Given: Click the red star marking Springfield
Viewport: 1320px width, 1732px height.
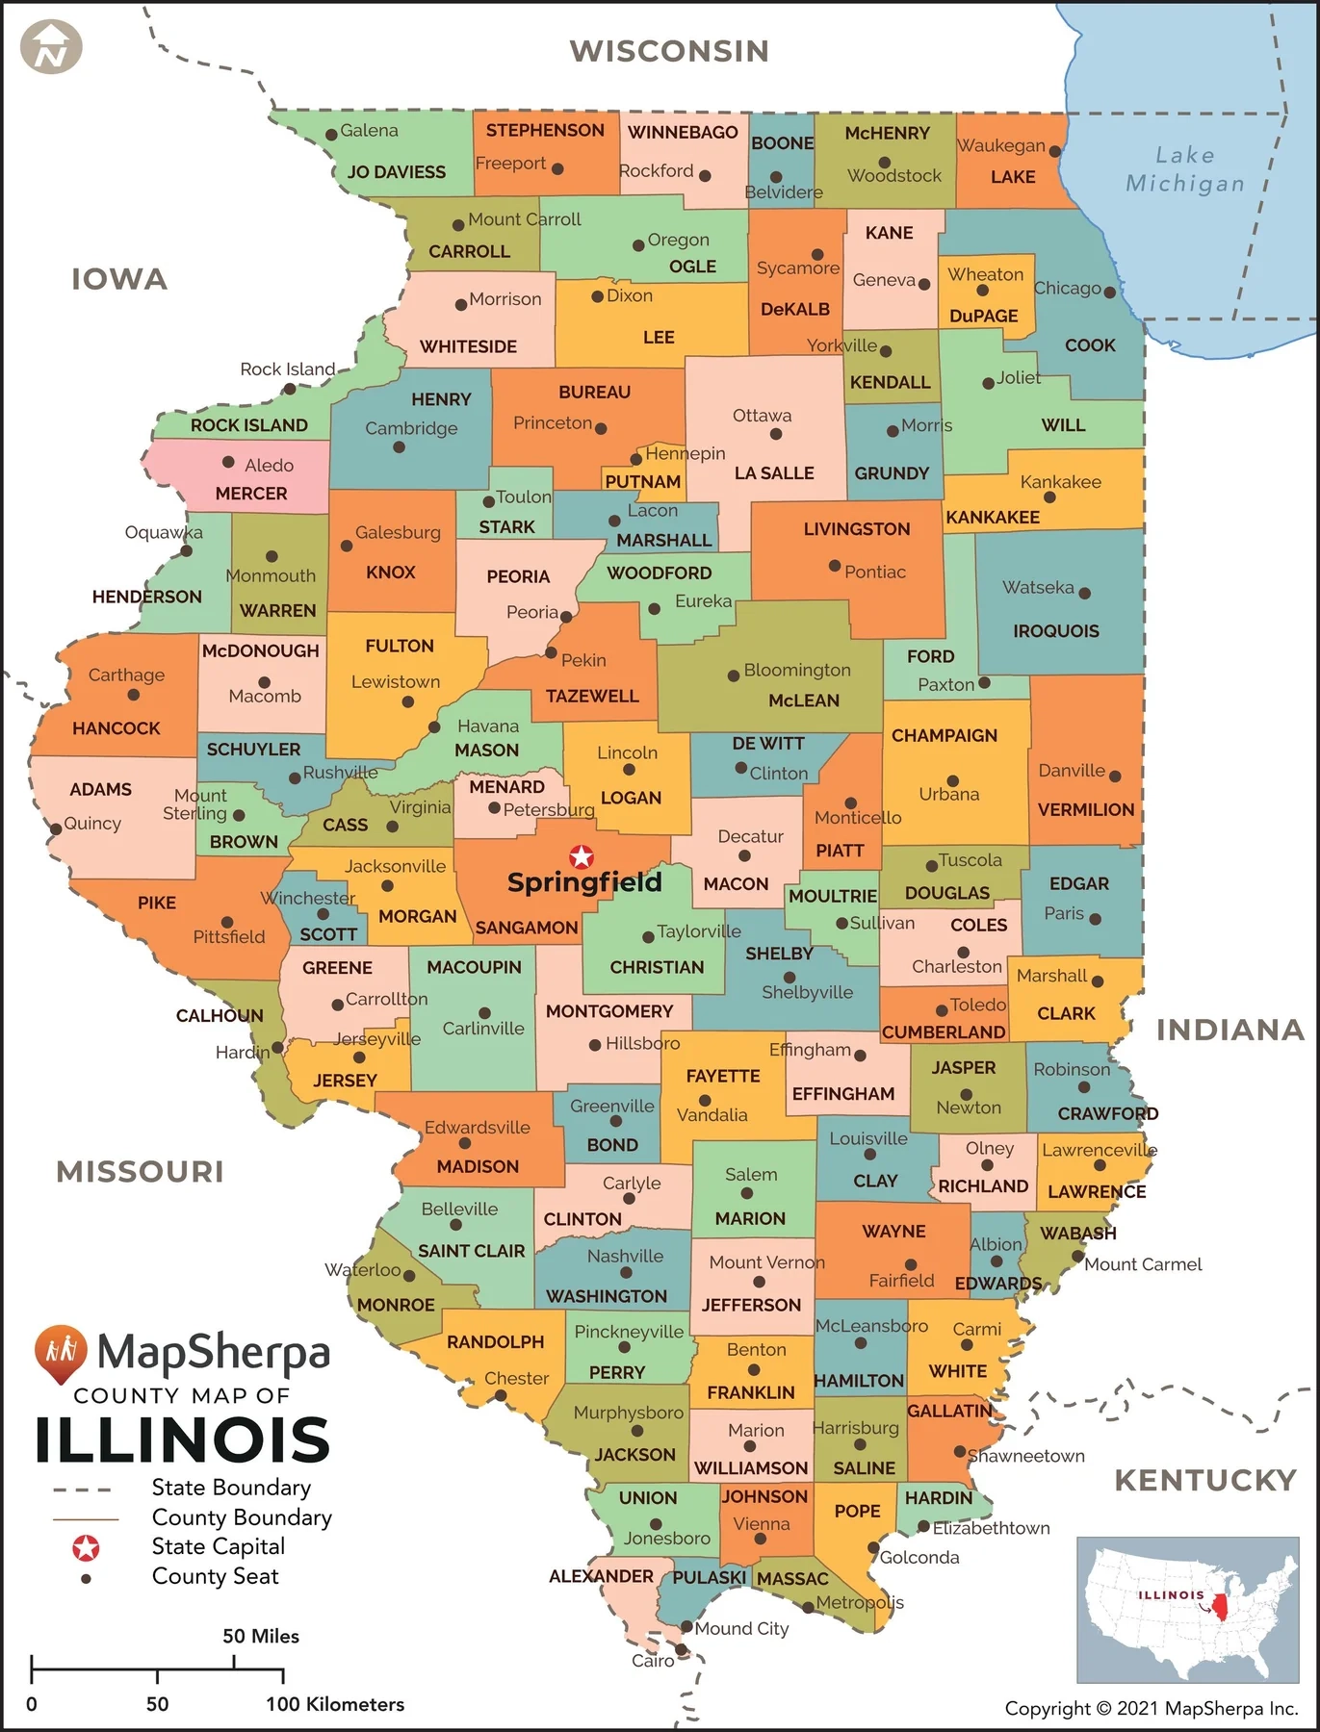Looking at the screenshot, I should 582,856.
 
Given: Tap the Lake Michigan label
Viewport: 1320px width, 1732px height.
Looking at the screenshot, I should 1185,169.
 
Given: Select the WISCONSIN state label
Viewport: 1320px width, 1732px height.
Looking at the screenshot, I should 669,51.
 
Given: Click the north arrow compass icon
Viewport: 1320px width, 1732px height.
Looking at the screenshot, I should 51,47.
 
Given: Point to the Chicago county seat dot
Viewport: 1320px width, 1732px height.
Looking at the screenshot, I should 1110,292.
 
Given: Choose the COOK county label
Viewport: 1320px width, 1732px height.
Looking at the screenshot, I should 1090,345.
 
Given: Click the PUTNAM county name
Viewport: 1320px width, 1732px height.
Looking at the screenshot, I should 642,481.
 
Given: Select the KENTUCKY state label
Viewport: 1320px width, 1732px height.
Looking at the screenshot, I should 1205,1480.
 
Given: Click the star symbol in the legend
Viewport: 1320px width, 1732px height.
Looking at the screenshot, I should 86,1547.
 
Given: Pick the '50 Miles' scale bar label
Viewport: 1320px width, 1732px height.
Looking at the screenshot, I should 261,1636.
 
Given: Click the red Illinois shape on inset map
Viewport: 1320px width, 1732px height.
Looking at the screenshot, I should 1221,1606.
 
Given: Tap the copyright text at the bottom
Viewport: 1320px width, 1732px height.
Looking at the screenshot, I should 1151,1709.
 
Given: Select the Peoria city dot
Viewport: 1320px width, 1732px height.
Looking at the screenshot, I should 567,616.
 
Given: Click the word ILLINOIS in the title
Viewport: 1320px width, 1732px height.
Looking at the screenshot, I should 183,1440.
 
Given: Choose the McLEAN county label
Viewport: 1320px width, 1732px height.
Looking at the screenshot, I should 804,700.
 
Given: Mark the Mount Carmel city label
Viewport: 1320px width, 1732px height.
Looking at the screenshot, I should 1143,1264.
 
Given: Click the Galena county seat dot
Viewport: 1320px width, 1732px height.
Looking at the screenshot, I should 331,134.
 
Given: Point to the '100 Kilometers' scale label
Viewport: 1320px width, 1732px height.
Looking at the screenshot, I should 335,1704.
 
